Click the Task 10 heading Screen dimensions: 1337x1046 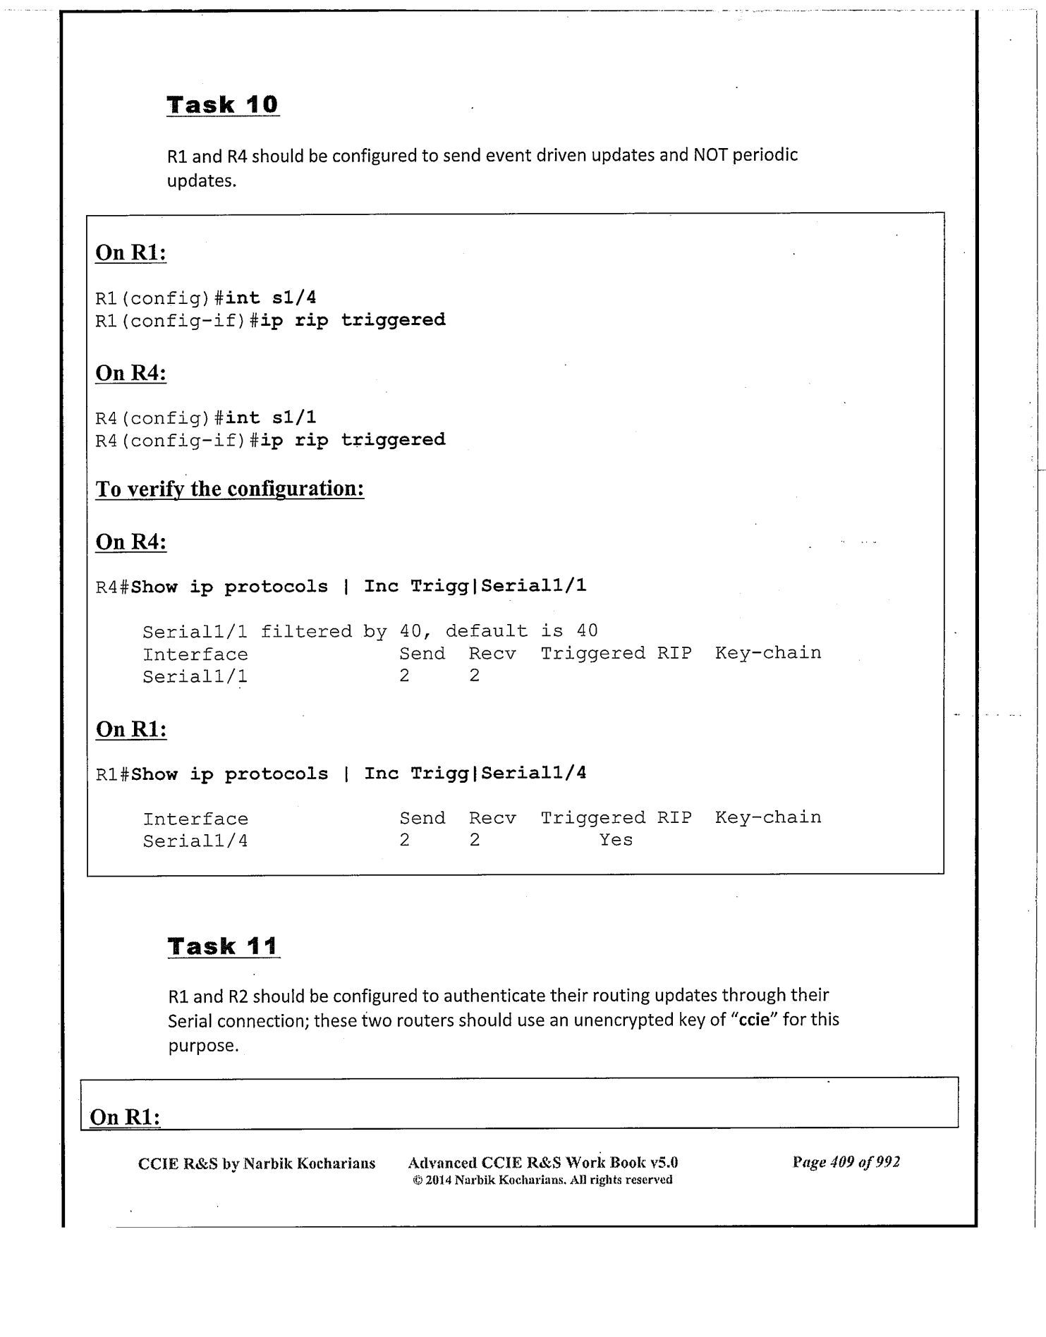click(222, 105)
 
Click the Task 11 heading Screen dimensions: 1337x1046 click(223, 946)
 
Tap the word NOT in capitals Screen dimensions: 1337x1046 click(710, 155)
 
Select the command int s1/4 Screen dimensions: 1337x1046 click(270, 298)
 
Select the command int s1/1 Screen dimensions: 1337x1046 click(270, 418)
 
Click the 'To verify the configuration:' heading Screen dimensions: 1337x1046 click(229, 489)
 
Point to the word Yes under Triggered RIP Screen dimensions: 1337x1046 click(616, 840)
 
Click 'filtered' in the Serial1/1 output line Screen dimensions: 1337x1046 click(306, 631)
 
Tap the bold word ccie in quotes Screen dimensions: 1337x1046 click(753, 1020)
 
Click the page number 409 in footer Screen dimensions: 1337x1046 click(842, 1162)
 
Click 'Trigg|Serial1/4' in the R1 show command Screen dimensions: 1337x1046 click(498, 774)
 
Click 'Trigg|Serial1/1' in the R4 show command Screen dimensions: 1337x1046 click(498, 586)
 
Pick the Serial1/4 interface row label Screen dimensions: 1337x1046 click(195, 841)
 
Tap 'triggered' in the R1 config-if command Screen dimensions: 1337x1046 click(393, 320)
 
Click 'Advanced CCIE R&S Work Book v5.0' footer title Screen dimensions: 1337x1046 click(542, 1162)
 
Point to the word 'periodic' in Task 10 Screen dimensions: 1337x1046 click(765, 155)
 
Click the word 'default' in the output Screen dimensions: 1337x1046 click(486, 631)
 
